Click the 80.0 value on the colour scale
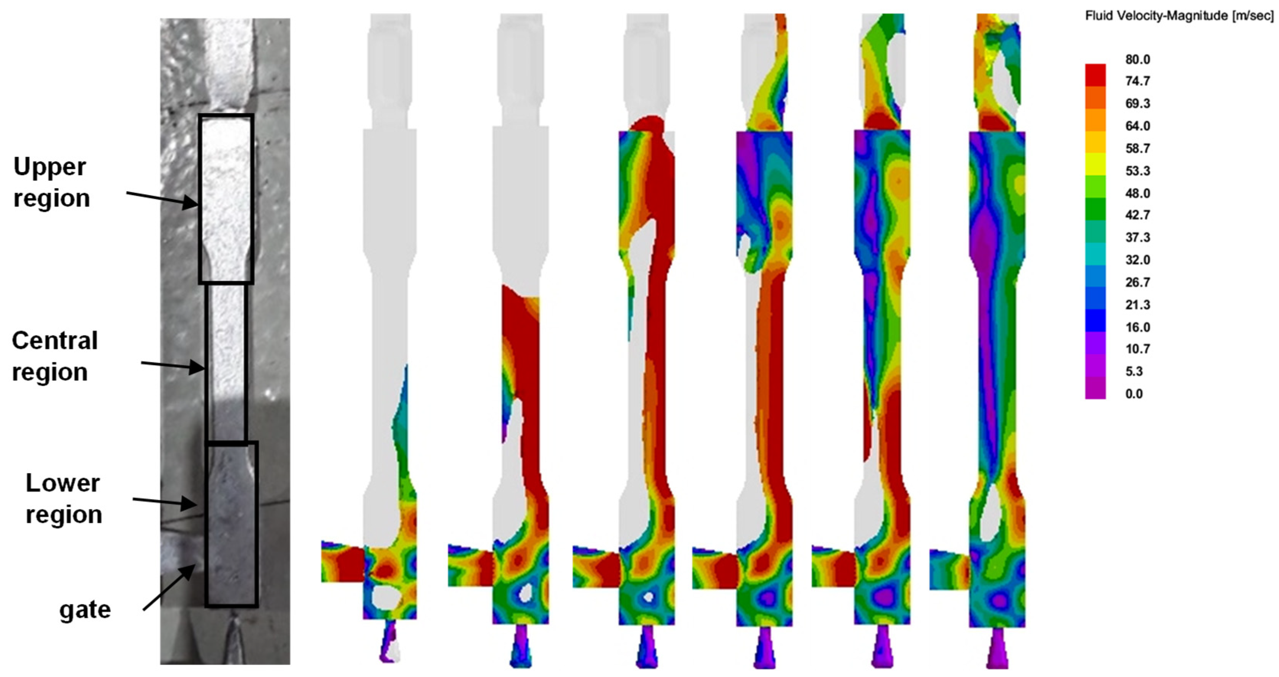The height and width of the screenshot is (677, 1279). click(x=1137, y=60)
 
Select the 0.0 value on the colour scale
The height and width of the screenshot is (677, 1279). click(x=1134, y=394)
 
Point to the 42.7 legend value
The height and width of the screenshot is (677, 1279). click(x=1137, y=215)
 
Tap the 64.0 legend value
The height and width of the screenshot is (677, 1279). click(x=1137, y=126)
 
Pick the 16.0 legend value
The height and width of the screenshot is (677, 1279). click(x=1137, y=327)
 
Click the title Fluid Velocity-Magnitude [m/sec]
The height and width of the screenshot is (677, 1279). click(x=1179, y=16)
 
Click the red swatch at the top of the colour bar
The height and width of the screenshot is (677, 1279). click(x=1095, y=75)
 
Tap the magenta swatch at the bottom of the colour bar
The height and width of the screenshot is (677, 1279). click(x=1095, y=387)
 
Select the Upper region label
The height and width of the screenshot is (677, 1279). click(x=52, y=182)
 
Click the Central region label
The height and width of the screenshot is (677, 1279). click(x=55, y=356)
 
